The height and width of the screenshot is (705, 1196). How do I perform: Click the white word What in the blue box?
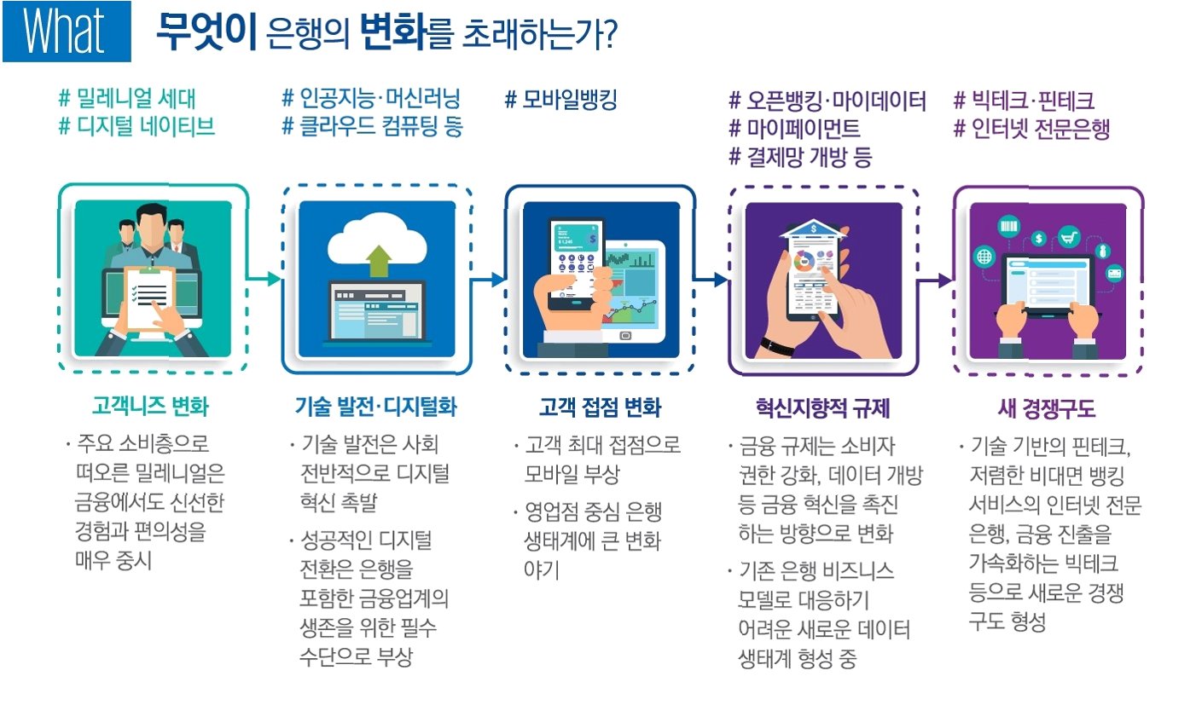(x=65, y=32)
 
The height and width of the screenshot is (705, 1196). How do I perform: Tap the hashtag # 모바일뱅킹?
(x=560, y=101)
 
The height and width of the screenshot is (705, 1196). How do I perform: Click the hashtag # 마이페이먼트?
(x=794, y=130)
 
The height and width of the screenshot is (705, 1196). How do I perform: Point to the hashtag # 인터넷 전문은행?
(x=1031, y=130)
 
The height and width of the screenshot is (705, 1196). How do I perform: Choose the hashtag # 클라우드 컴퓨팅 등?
(x=372, y=128)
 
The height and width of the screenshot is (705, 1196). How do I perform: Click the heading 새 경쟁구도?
(x=1047, y=407)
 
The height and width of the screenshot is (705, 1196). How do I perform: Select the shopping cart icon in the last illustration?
(x=1068, y=236)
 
